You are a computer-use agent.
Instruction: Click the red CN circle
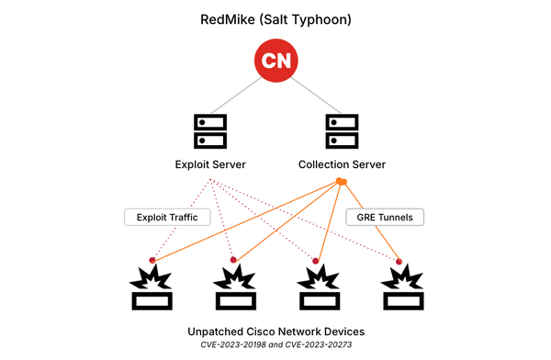pos(275,62)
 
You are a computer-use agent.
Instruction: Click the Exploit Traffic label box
pos(167,218)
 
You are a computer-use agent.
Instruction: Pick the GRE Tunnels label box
pos(385,218)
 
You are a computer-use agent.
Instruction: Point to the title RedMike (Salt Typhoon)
pos(275,17)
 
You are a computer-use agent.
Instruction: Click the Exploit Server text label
pos(210,164)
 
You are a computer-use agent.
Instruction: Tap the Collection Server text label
pos(342,164)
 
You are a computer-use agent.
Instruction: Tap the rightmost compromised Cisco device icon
pos(399,287)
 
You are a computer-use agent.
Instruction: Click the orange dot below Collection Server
pos(341,182)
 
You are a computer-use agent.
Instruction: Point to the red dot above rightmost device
pos(399,262)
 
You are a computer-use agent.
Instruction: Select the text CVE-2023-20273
pos(316,344)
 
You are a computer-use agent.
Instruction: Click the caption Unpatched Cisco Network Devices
pos(275,330)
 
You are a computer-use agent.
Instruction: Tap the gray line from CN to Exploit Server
pos(241,94)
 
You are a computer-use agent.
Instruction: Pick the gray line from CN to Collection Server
pos(310,94)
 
